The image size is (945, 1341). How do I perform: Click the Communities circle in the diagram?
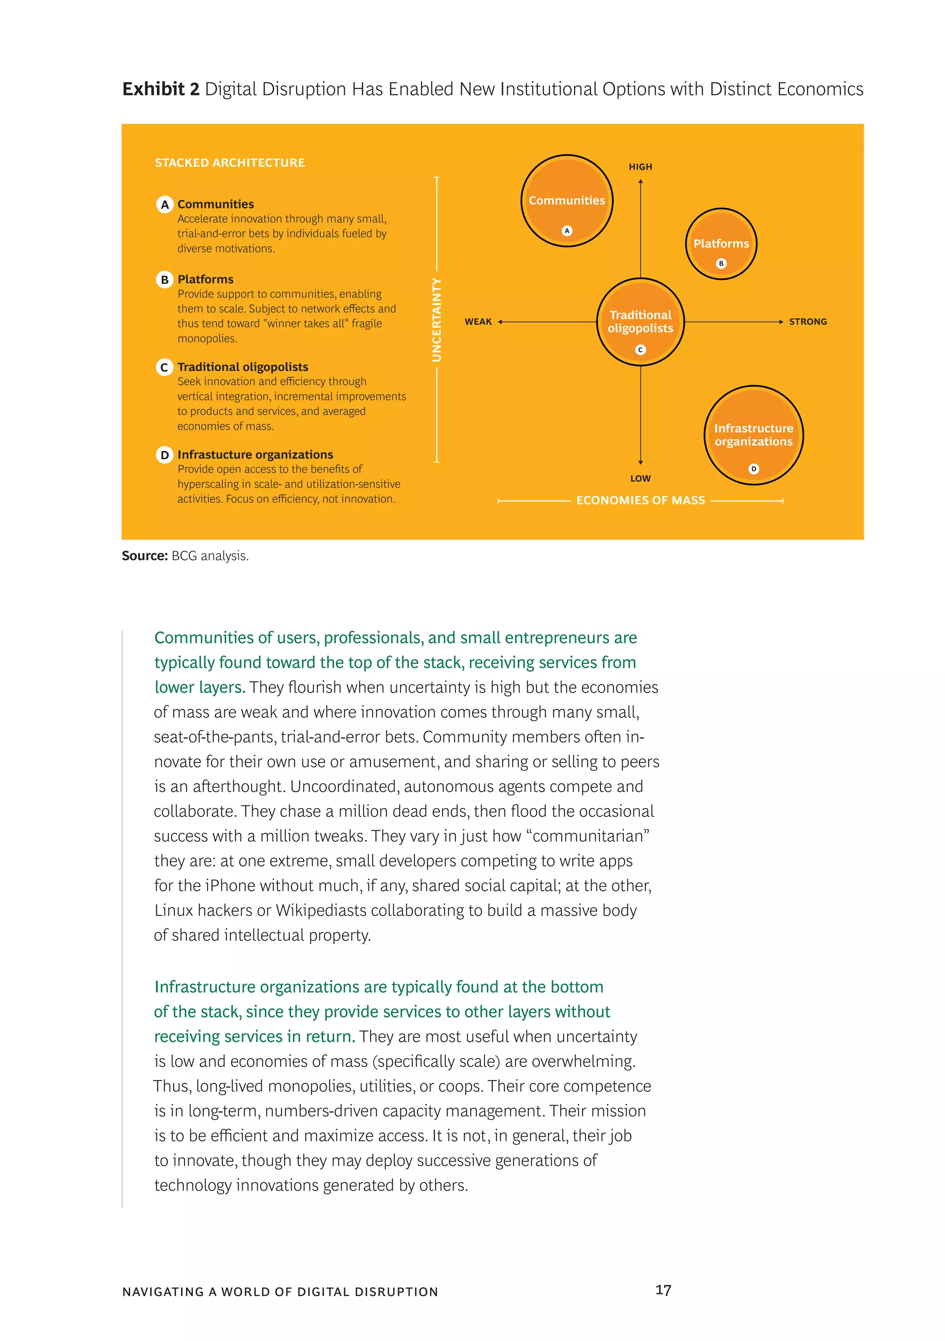click(566, 200)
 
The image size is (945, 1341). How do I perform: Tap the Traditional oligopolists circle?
click(640, 322)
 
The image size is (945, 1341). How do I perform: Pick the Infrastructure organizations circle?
click(753, 435)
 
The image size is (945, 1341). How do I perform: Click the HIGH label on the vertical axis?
click(640, 167)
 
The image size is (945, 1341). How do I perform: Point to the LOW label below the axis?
click(640, 479)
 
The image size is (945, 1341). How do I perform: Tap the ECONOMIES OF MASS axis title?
click(640, 501)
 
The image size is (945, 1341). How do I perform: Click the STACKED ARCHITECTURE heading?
click(229, 163)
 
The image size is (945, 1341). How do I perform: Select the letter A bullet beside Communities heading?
click(165, 204)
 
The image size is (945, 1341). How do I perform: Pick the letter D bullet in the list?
click(165, 455)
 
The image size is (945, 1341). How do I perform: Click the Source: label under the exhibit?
click(144, 556)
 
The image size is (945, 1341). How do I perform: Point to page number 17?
click(663, 1290)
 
